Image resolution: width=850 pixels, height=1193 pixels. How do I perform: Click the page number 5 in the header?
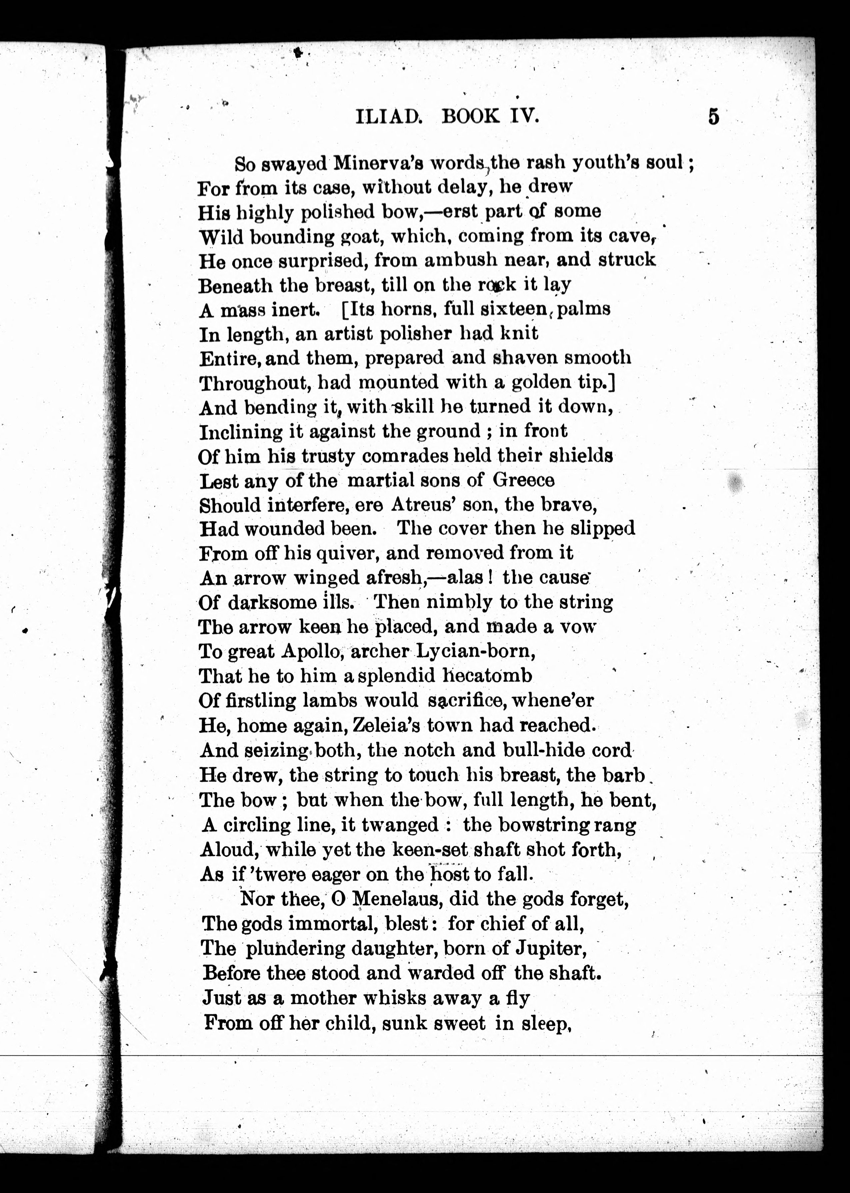pyautogui.click(x=713, y=116)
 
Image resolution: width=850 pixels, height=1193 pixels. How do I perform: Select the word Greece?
pyautogui.click(x=523, y=480)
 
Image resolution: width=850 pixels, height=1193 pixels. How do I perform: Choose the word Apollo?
pyautogui.click(x=312, y=652)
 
